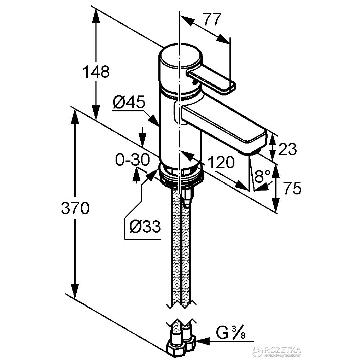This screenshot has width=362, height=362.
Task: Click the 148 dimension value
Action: (x=96, y=72)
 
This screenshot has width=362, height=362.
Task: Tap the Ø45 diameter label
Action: (x=129, y=103)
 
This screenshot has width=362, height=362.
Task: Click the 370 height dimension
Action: (x=75, y=209)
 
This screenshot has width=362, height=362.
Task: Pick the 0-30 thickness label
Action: (x=133, y=160)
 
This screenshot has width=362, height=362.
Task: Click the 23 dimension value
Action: (x=287, y=150)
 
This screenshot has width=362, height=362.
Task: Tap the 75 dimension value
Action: (x=292, y=188)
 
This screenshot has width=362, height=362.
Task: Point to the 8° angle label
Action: (x=262, y=176)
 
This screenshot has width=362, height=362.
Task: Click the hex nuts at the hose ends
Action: (x=182, y=342)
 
